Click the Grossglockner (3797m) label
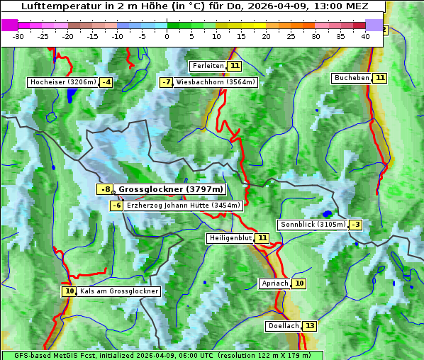point(170,189)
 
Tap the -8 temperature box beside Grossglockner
point(105,189)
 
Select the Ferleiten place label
point(208,66)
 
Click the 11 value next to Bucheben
point(380,78)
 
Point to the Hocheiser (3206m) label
point(62,82)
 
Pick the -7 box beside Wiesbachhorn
point(167,82)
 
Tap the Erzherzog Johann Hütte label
point(184,206)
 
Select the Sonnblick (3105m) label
point(313,225)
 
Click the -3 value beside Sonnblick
point(355,225)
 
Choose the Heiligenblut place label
point(230,238)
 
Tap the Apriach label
point(275,283)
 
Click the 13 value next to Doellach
point(310,326)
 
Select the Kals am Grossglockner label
point(118,291)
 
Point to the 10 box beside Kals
point(69,291)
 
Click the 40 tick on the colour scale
point(365,36)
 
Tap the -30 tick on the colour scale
point(18,36)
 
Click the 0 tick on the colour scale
point(167,36)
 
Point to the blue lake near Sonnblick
point(327,213)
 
